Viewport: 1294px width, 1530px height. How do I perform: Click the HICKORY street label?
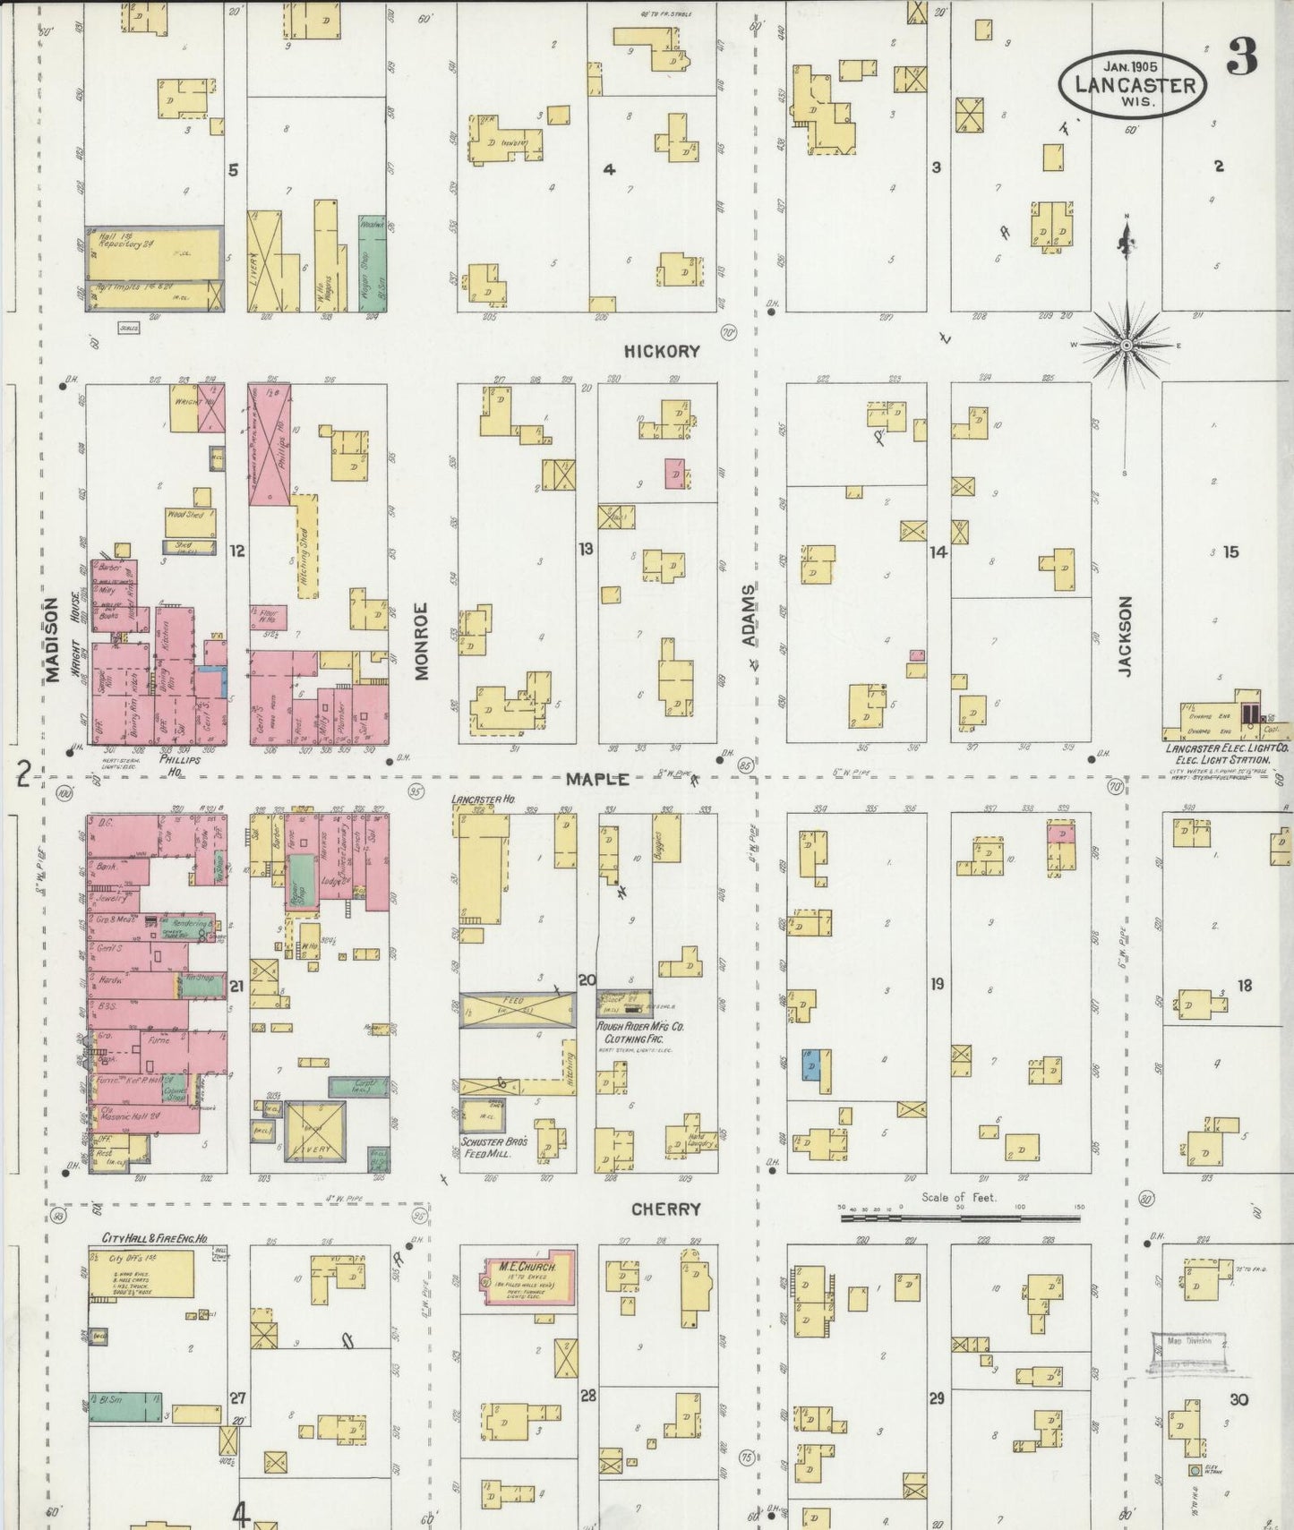tap(662, 352)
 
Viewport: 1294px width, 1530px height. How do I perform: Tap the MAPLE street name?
tap(596, 780)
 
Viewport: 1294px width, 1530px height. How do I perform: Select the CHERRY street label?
tap(665, 1209)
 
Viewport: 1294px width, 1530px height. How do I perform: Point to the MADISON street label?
tap(52, 639)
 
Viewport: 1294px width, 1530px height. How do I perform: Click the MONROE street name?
tap(421, 641)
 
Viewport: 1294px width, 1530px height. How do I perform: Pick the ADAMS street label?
tap(749, 615)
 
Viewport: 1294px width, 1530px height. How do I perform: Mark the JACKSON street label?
tap(1125, 637)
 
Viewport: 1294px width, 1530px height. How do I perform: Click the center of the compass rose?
tap(1127, 346)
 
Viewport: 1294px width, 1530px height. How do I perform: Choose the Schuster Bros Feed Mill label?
tap(493, 1148)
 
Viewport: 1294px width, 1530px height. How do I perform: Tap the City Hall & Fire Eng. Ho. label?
tap(154, 1239)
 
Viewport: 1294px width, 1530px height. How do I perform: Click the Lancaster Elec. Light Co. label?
tap(1227, 753)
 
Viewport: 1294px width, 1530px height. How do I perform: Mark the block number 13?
tap(585, 548)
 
